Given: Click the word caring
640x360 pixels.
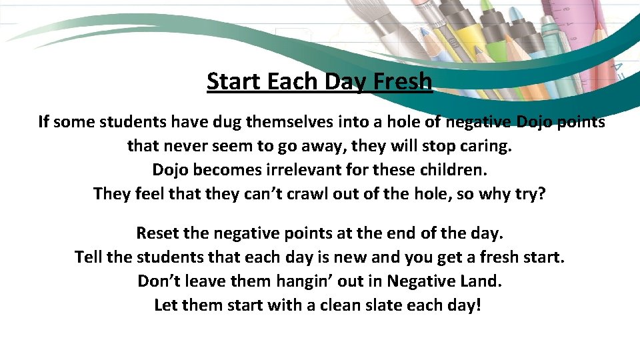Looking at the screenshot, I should (x=485, y=145).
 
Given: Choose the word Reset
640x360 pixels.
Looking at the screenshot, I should (x=157, y=233).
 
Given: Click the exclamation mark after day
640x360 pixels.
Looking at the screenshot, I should (x=477, y=305).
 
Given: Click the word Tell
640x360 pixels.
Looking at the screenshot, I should (x=89, y=257).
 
